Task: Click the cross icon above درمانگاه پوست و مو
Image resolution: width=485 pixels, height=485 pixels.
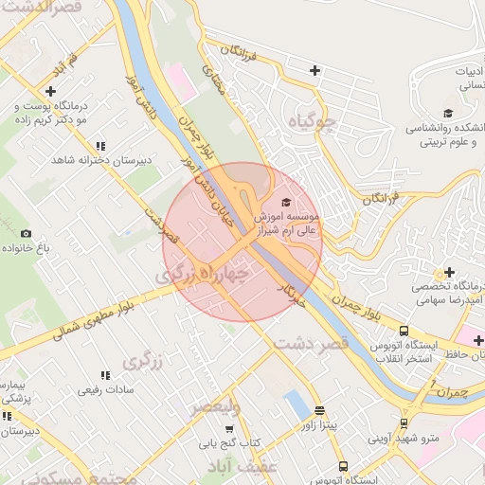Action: tap(24, 91)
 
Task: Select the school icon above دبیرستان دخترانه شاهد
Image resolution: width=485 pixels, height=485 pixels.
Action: tap(99, 145)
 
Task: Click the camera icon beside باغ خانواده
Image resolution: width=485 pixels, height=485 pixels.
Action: tap(26, 233)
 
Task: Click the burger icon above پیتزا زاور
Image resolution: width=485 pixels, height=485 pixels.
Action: tap(319, 411)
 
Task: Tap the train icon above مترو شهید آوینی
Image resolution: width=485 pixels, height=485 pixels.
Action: tap(404, 422)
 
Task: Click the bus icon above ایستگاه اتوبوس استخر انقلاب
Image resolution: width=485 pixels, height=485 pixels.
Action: tap(404, 332)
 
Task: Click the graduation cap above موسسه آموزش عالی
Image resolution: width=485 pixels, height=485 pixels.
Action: tap(286, 203)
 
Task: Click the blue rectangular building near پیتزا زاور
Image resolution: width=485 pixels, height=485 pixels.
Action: tap(296, 408)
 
